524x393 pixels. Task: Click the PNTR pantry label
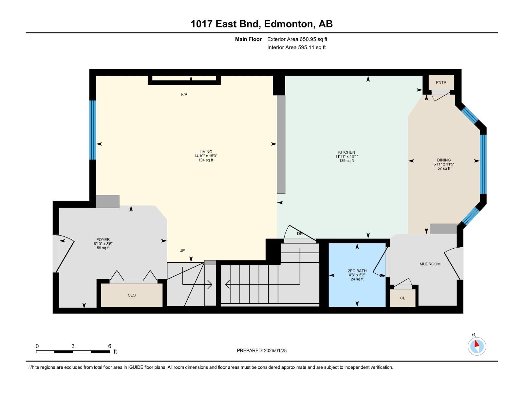pyautogui.click(x=441, y=83)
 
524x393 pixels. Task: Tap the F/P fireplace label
pyautogui.click(x=184, y=95)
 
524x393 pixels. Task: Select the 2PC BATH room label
pyautogui.click(x=357, y=271)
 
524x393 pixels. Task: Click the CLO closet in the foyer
pyautogui.click(x=132, y=295)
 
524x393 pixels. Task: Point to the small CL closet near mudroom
pyautogui.click(x=402, y=298)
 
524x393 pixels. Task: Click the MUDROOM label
pyautogui.click(x=430, y=264)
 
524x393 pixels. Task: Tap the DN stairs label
pyautogui.click(x=300, y=234)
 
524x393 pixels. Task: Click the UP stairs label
pyautogui.click(x=182, y=251)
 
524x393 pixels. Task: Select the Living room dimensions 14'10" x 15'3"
pyautogui.click(x=206, y=156)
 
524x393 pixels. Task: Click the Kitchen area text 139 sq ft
pyautogui.click(x=346, y=161)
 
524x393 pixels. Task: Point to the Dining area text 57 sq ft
pyautogui.click(x=444, y=168)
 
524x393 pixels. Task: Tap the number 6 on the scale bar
pyautogui.click(x=110, y=346)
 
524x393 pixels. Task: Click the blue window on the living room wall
pyautogui.click(x=93, y=130)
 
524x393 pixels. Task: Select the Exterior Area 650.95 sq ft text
pyautogui.click(x=297, y=39)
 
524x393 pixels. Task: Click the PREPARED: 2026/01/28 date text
pyautogui.click(x=262, y=350)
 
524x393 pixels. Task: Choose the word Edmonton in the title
pyautogui.click(x=288, y=24)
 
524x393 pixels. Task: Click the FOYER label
pyautogui.click(x=103, y=240)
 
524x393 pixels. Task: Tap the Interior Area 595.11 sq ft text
pyautogui.click(x=296, y=47)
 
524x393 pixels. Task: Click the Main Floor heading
pyautogui.click(x=248, y=39)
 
